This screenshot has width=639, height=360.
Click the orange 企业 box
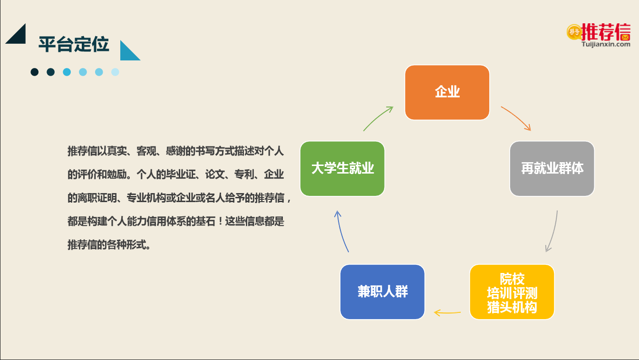447,92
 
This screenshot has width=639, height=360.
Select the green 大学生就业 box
342,168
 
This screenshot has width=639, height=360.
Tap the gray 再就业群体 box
552,168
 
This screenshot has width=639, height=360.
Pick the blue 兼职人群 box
383,292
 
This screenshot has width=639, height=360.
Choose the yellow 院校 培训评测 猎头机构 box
512,292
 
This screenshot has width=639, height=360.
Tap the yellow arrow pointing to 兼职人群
447,312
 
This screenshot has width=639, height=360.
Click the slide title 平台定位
74,45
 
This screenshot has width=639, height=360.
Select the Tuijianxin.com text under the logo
606,44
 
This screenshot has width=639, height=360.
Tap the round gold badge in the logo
574,32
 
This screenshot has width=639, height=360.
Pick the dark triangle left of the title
17,36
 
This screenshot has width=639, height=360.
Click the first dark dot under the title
35,72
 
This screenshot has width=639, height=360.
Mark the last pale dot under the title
115,72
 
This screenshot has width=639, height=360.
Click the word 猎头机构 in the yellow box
512,307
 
